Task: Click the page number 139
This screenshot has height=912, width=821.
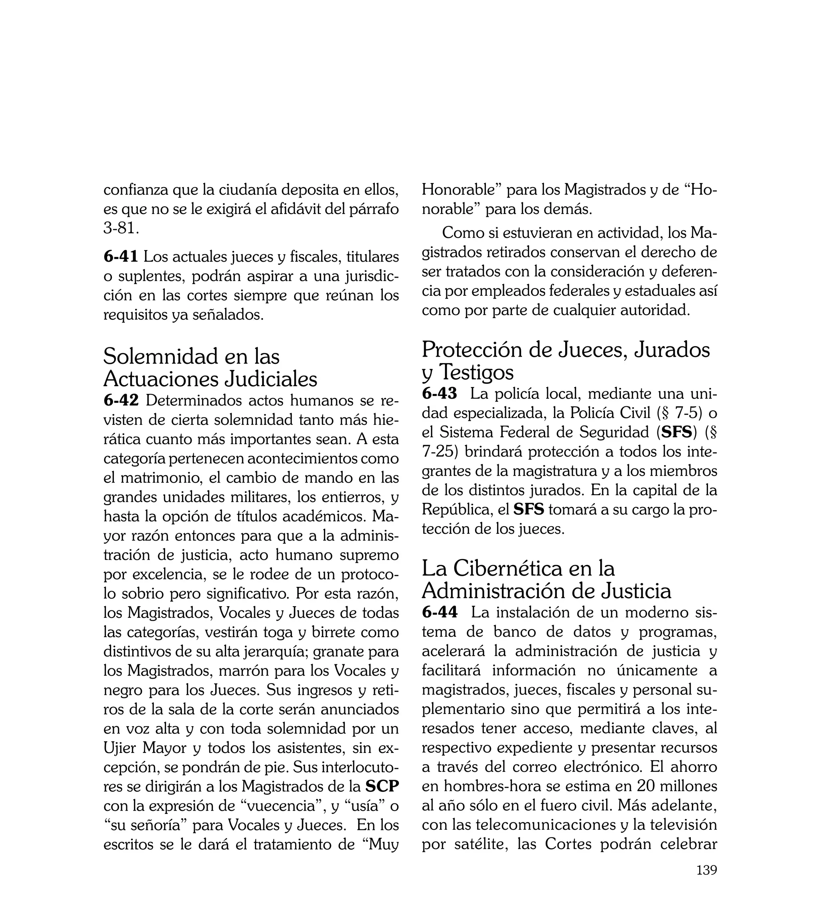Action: point(706,882)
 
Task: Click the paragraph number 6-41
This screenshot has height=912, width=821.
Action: point(120,256)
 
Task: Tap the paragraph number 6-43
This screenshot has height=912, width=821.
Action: point(439,393)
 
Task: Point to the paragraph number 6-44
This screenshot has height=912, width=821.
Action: point(439,612)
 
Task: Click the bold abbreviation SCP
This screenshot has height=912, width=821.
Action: point(382,786)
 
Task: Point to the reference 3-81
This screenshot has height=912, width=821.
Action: point(119,228)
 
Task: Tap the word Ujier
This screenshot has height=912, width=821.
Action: point(119,748)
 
